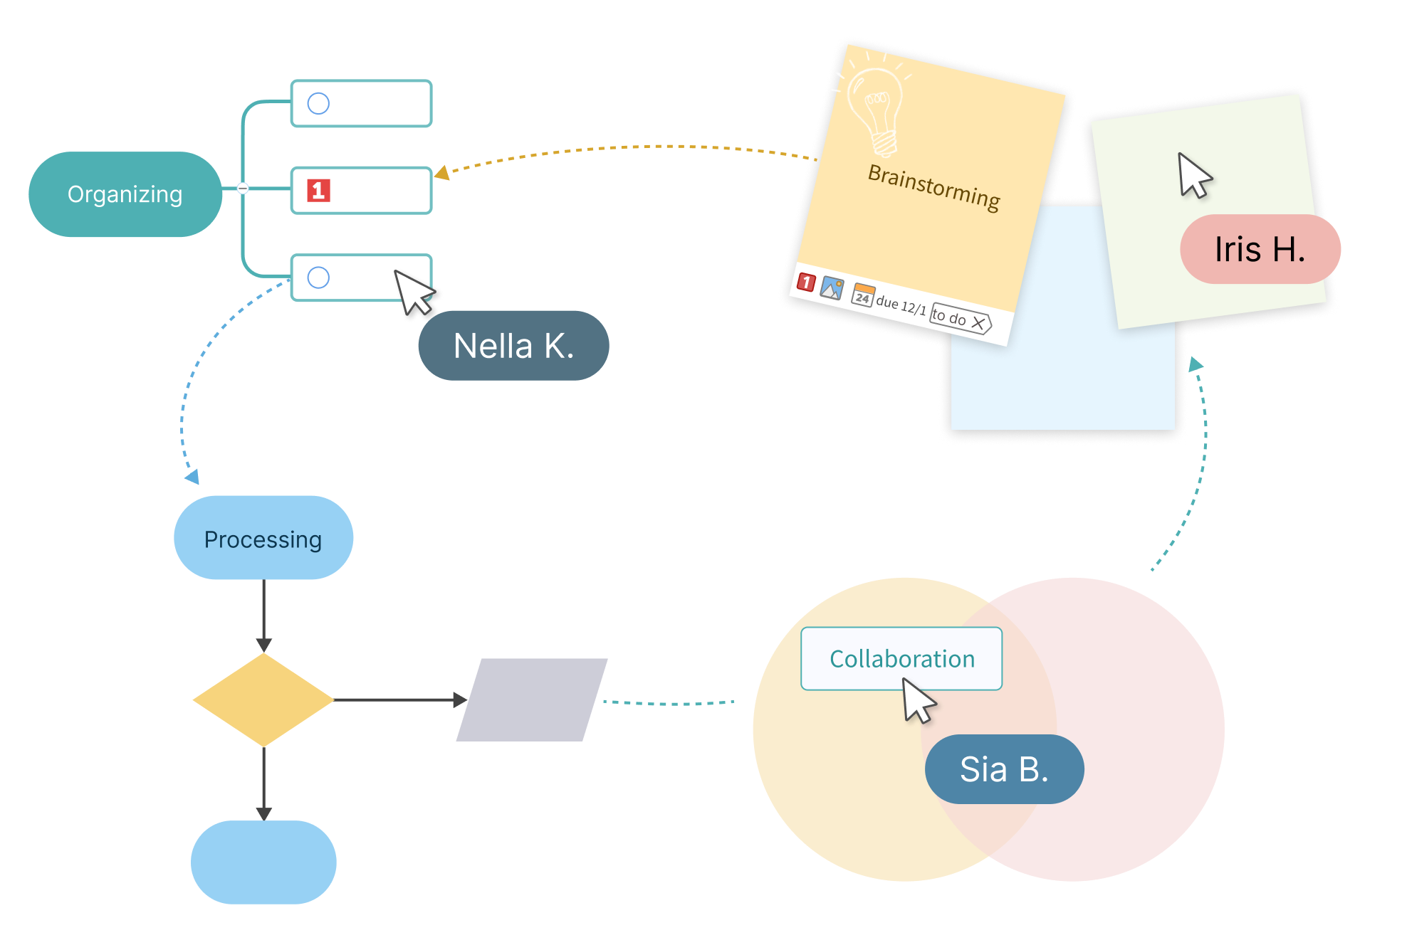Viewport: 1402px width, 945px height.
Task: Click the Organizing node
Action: point(125,194)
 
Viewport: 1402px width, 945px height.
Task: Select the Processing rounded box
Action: point(263,539)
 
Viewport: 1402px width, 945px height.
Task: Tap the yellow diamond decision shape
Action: point(263,699)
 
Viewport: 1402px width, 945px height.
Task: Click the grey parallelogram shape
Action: point(531,699)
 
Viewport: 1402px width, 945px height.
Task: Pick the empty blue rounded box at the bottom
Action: point(263,862)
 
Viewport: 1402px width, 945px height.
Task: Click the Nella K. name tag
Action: point(513,346)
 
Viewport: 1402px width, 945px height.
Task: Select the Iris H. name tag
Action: point(1259,250)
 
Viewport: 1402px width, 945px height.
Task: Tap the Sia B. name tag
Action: point(1004,769)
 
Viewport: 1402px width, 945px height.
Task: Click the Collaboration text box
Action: point(901,658)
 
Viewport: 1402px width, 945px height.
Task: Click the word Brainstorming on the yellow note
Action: point(933,187)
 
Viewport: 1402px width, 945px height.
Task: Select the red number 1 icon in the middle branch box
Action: point(318,191)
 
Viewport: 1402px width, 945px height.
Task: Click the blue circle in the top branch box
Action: point(318,104)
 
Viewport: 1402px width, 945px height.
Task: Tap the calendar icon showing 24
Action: point(863,295)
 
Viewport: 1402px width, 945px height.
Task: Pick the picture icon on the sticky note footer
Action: point(832,287)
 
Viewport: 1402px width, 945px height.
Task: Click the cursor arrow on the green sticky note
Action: point(1193,175)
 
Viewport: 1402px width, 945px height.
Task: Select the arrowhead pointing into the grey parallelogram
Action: point(460,699)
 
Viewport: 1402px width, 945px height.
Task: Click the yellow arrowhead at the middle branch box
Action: point(442,173)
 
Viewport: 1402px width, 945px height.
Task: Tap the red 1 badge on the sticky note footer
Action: point(806,282)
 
